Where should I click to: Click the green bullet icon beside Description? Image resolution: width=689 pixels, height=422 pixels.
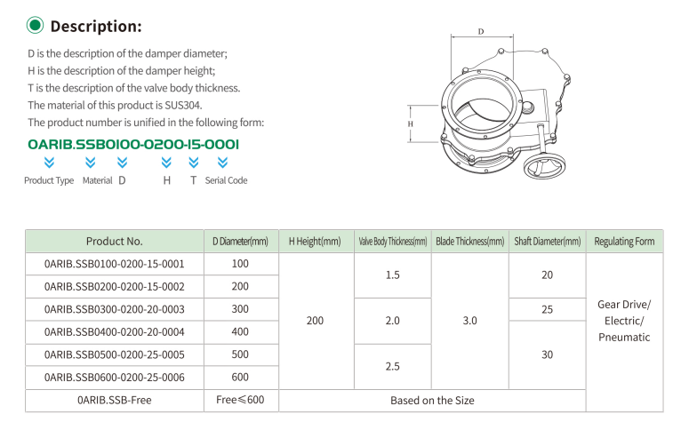[x=36, y=26]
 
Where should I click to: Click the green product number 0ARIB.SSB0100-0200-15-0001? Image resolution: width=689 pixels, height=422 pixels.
[x=133, y=144]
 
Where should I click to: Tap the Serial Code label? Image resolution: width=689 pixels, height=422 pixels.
[x=226, y=180]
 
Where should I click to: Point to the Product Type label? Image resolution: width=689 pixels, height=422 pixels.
[x=49, y=180]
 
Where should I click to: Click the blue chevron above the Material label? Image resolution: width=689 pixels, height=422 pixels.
[x=90, y=163]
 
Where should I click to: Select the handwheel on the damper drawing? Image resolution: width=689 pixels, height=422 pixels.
[x=544, y=166]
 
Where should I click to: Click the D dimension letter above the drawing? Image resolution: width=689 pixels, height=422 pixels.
[x=481, y=32]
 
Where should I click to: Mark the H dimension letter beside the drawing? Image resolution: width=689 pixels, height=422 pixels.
[x=410, y=123]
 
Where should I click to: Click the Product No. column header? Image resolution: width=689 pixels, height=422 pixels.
[x=115, y=241]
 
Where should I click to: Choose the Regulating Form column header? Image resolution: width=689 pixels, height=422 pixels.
[x=624, y=241]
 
